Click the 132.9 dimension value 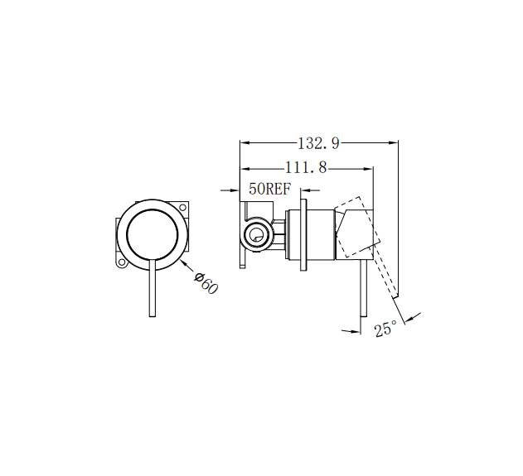coord(320,142)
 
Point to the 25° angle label coord(385,329)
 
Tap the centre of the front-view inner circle coord(153,235)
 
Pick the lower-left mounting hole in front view coord(121,264)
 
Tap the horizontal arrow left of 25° coord(355,331)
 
